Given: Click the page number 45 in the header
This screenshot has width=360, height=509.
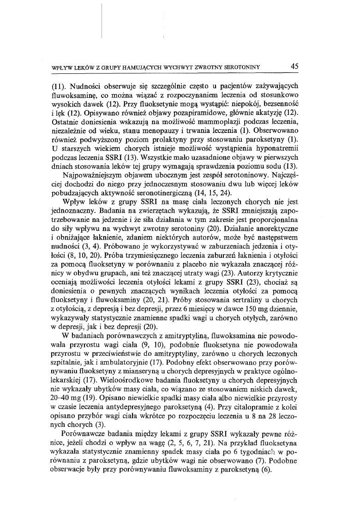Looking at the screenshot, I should [294, 66].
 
